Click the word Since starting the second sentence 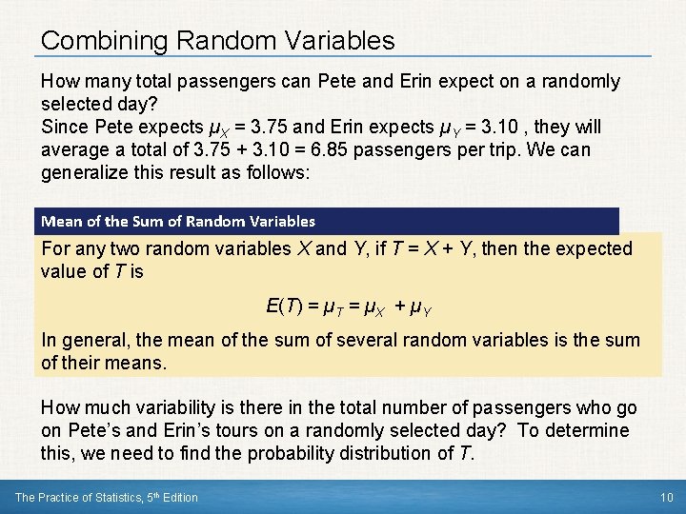(x=65, y=128)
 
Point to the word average (x=75, y=150)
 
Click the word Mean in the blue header (x=60, y=222)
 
